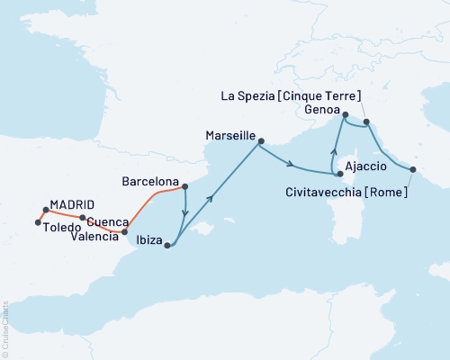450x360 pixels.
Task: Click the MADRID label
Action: (72, 203)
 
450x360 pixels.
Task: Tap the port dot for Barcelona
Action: (184, 187)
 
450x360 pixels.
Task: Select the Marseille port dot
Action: (261, 140)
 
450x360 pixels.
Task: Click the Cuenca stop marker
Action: (83, 218)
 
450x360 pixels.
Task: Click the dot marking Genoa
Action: (345, 114)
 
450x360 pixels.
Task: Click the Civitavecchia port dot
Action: (413, 169)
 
